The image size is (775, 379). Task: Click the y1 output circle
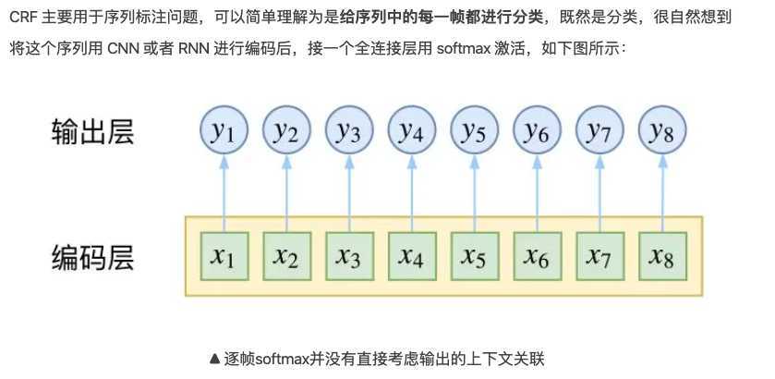coord(224,133)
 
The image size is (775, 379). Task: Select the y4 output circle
coord(411,133)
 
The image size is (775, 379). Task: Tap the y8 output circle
coord(661,133)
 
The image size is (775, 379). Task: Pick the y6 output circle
coord(536,133)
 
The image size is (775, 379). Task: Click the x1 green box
coord(224,257)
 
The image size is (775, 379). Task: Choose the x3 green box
coord(348,257)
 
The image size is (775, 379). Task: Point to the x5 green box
coord(474,257)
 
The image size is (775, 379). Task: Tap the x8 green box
coord(661,257)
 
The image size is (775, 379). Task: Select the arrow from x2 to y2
coord(286,194)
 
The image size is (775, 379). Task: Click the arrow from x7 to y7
coord(599,194)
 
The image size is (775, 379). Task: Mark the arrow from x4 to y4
coord(411,194)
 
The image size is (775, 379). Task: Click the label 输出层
coord(92,132)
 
